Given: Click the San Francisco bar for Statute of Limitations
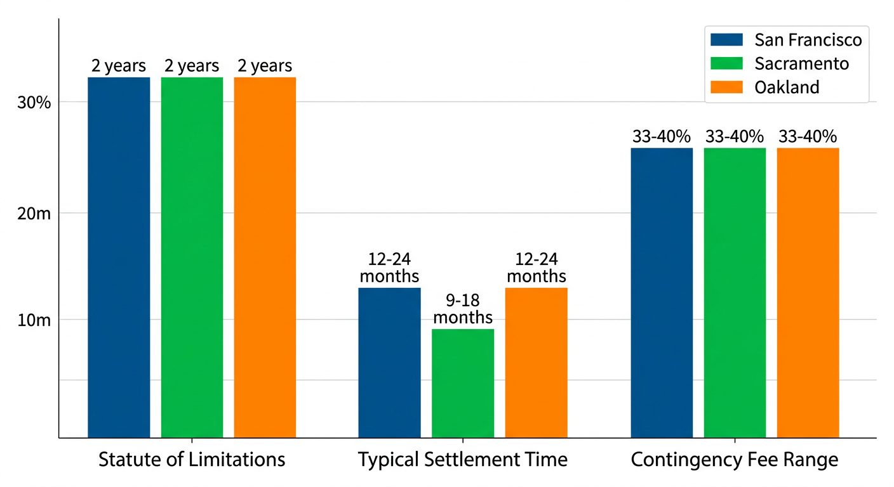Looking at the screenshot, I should tap(119, 257).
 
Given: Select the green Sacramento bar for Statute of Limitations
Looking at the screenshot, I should tap(192, 257).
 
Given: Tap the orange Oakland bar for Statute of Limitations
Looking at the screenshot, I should tap(265, 257).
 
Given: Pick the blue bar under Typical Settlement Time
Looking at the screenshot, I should tap(389, 362).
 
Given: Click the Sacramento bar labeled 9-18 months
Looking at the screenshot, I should tap(463, 383).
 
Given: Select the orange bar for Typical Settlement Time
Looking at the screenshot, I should tap(536, 362).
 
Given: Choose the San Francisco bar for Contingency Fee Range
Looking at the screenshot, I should tap(662, 292).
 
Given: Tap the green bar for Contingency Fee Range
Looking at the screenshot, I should tap(735, 292).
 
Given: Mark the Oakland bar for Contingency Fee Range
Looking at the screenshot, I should tap(808, 292).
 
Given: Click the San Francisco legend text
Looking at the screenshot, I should tap(808, 40).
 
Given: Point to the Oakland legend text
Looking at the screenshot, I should tap(787, 87).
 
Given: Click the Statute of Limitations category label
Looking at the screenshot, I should tap(192, 460).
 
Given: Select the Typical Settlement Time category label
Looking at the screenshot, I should tap(463, 460).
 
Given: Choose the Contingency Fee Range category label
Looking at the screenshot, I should tap(735, 460).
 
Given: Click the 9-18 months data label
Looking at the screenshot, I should tap(463, 308).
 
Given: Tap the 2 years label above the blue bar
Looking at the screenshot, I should tap(119, 66).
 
